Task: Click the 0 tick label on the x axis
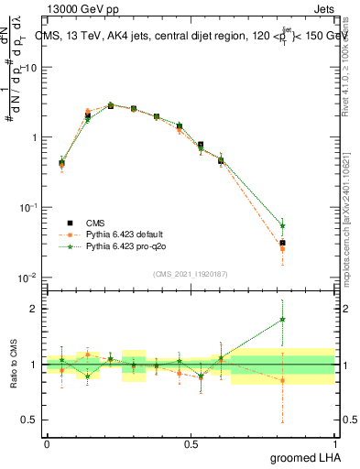47,443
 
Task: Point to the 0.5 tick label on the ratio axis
27,420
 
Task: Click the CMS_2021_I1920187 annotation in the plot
190,274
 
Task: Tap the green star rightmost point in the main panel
282,225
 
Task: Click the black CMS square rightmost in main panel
282,243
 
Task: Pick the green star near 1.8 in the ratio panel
282,320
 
